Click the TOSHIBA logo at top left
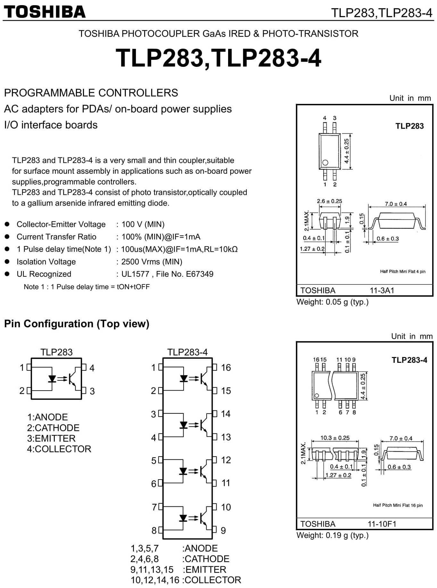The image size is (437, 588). point(45,12)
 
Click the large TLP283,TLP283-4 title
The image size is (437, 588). point(218,58)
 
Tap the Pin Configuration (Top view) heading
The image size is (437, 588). point(77,324)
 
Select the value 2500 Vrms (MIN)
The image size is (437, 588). point(152,262)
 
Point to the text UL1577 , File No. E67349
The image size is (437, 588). point(167,274)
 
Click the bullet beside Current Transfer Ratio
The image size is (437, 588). point(7,237)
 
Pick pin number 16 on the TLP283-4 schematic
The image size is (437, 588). point(226,368)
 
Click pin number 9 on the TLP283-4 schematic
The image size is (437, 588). point(223,531)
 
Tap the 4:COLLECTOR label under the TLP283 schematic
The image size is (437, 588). point(59,449)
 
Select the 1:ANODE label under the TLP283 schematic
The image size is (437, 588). point(47,417)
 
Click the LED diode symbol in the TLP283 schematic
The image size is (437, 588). point(52,379)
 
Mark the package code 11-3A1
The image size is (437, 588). point(382,290)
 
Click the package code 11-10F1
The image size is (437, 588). point(382,524)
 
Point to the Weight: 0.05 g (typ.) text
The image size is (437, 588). point(333,302)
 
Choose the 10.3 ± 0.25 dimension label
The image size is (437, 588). point(335,438)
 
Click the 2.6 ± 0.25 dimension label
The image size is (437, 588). point(329,201)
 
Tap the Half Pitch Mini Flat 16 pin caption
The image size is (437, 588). point(398,505)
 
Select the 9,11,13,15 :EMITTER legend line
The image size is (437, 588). point(178,570)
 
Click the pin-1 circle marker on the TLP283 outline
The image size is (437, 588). point(325,163)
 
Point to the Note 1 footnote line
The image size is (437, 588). point(87,287)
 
